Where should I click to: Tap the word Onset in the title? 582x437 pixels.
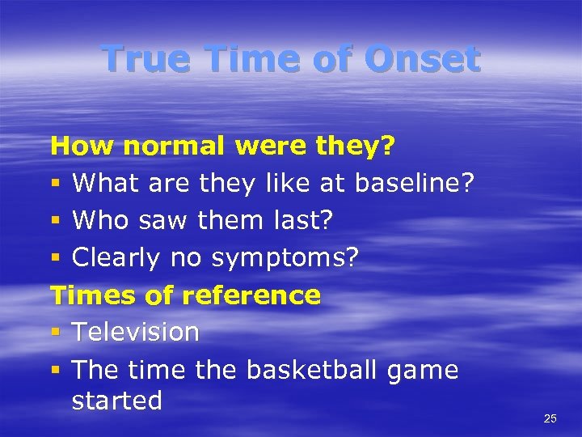coord(422,58)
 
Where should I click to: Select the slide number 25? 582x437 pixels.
coord(550,418)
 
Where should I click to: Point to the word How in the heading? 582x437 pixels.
coord(81,146)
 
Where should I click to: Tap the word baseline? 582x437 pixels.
coord(412,184)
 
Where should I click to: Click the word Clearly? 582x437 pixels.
coord(117,258)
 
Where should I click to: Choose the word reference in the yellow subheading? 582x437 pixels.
coord(251,295)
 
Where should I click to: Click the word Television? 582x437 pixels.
coord(135,333)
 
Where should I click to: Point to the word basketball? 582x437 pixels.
coord(311,370)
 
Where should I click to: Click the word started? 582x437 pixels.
coord(117,401)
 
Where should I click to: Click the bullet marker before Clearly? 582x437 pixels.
coord(55,259)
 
